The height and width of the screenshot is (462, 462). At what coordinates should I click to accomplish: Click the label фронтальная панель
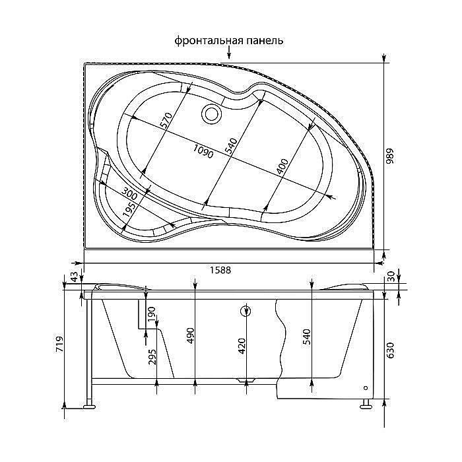229,41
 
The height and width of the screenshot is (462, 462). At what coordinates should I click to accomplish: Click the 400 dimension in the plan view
282,168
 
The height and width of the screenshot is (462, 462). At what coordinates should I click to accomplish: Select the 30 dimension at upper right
391,277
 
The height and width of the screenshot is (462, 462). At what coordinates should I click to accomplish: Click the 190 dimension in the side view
151,315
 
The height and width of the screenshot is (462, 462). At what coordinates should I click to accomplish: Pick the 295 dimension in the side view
151,356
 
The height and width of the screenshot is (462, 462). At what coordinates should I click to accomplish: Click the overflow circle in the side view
246,312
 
